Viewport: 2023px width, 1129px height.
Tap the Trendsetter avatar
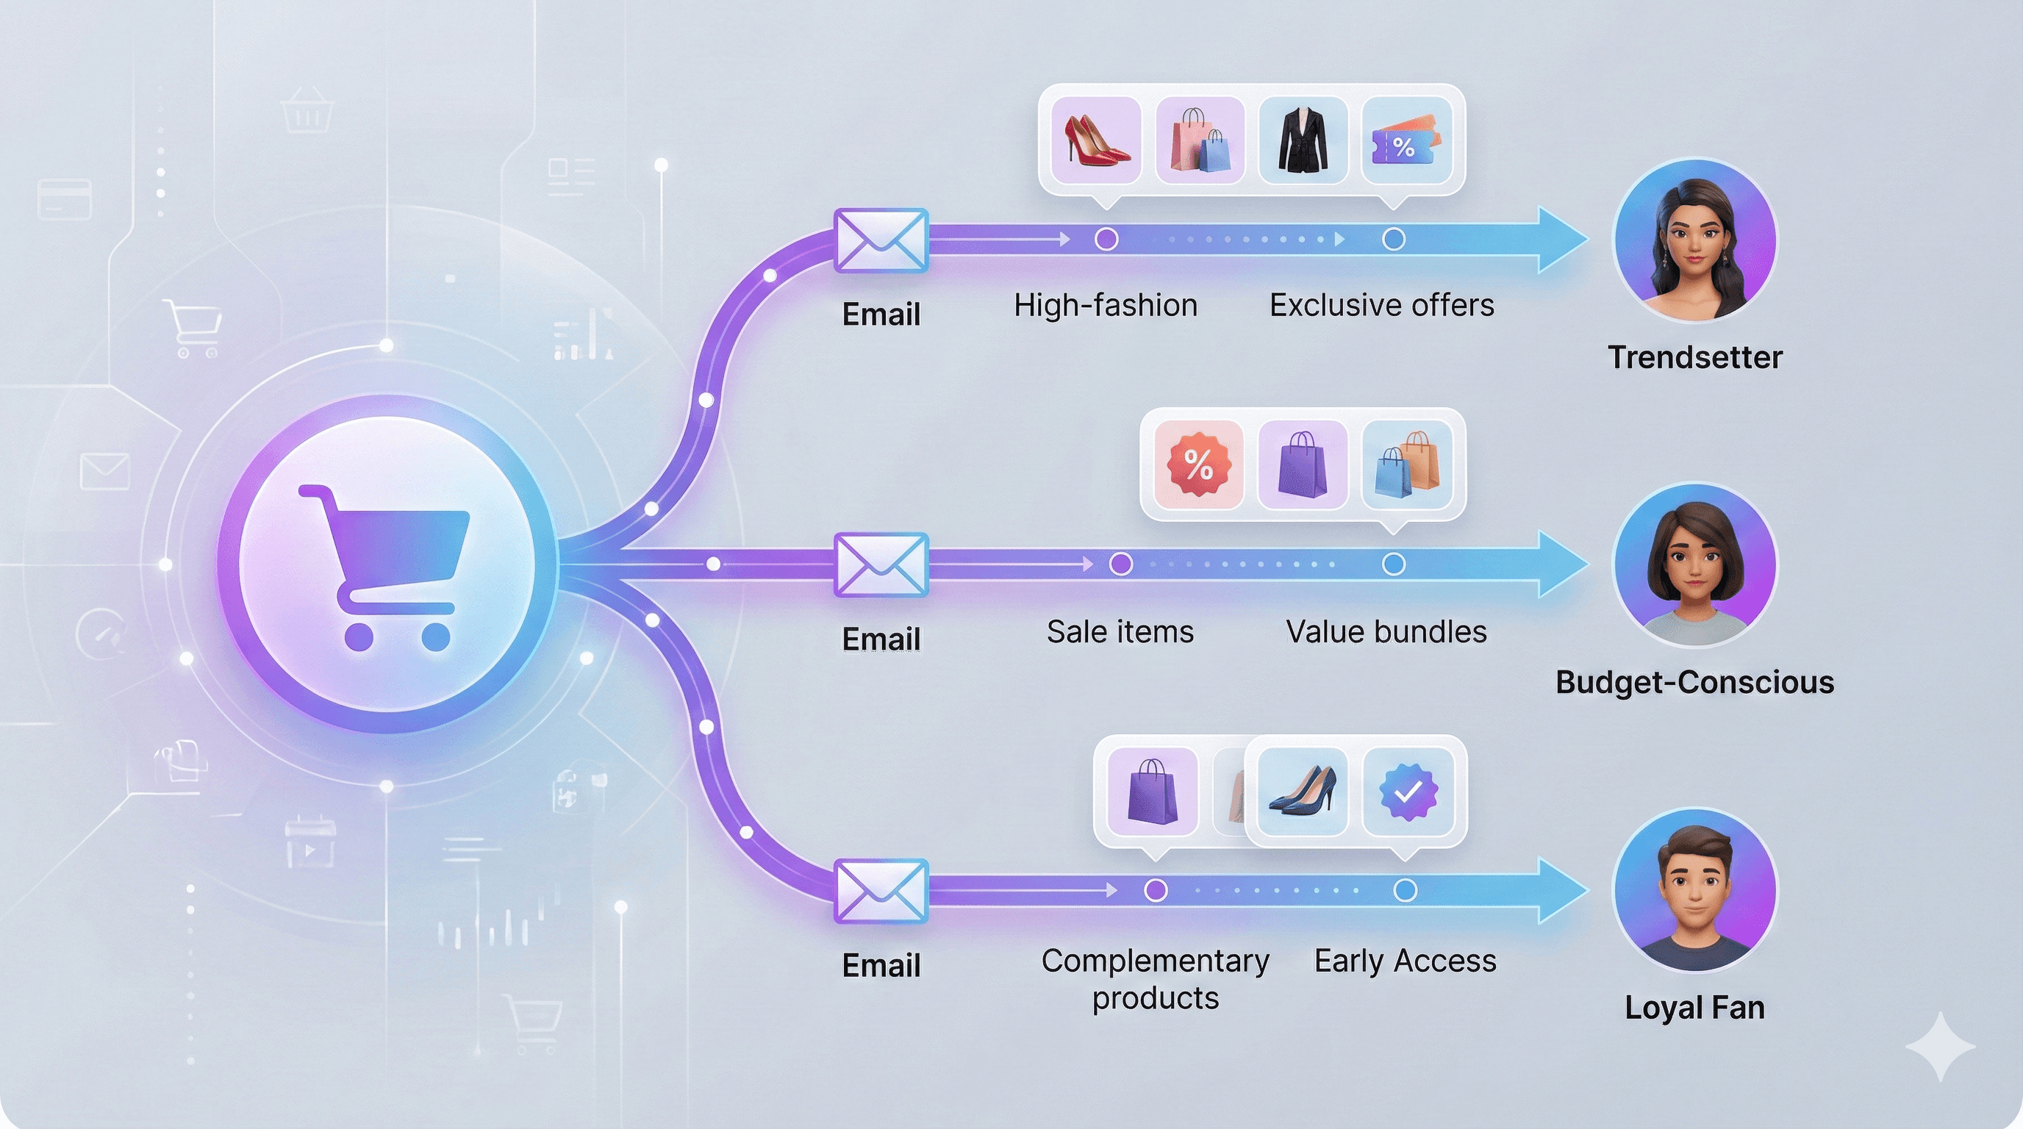point(1694,240)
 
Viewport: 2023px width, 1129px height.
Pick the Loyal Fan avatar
point(1694,890)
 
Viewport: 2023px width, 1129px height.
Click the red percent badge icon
point(1198,465)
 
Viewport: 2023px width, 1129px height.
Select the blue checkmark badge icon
point(1407,792)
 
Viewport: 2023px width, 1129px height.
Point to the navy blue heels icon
point(1302,792)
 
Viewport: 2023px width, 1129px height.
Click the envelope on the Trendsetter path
point(881,240)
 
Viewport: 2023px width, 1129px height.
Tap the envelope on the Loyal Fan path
point(881,890)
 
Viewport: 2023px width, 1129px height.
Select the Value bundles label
point(1386,631)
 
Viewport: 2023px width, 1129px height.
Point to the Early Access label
point(1405,960)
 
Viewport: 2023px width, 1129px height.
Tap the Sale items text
point(1120,631)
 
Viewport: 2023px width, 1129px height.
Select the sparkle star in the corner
point(1940,1047)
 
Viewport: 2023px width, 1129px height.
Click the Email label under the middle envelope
point(881,639)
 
